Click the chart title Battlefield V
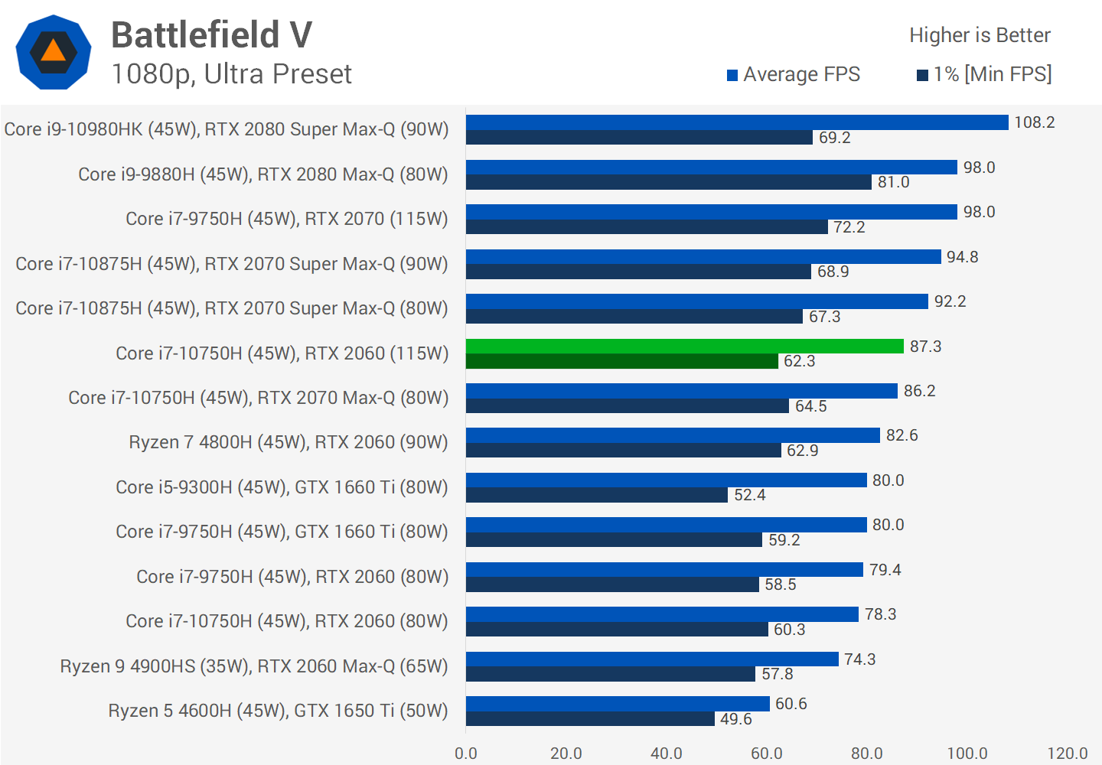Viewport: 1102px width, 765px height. [212, 35]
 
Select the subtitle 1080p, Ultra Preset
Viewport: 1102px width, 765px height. [231, 74]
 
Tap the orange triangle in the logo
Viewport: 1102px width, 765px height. [53, 51]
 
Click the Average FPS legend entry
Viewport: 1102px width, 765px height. [794, 74]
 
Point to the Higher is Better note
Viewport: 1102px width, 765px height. [980, 35]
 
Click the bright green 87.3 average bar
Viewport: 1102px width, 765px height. [684, 347]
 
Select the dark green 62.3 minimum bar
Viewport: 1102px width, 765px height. [621, 361]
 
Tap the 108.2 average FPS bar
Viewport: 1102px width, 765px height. [736, 122]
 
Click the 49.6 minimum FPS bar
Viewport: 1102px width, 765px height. [590, 719]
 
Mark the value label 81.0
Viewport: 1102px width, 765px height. [893, 182]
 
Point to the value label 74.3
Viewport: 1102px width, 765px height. [859, 659]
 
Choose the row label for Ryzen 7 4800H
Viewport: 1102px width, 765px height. [288, 442]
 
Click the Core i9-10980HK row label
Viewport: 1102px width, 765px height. [227, 129]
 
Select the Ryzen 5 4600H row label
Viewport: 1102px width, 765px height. [278, 711]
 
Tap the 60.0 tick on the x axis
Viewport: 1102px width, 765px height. [766, 754]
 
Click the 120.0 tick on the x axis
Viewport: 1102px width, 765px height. [1067, 754]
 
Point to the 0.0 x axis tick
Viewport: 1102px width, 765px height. [465, 754]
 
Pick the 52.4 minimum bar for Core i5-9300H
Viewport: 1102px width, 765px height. [596, 495]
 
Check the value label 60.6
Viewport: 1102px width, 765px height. [791, 704]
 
